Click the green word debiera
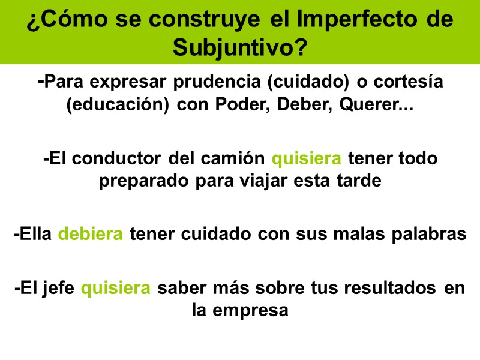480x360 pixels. click(91, 234)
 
